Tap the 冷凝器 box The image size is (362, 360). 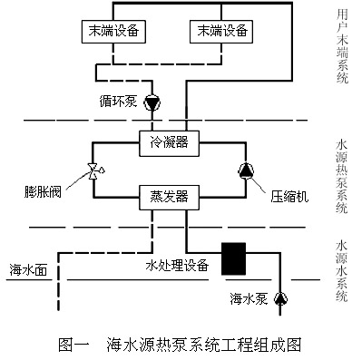click(167, 140)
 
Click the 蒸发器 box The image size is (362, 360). click(167, 194)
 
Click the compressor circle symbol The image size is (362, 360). click(246, 170)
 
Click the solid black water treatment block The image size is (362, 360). click(236, 257)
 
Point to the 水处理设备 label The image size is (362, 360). click(178, 266)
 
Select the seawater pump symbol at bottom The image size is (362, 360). click(280, 297)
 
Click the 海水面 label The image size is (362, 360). click(28, 269)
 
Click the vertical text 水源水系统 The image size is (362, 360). click(342, 269)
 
